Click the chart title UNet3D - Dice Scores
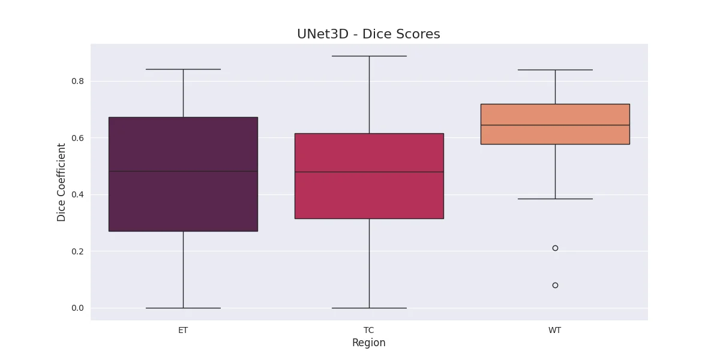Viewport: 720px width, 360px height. click(368, 34)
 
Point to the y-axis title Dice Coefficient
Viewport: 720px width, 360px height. click(61, 182)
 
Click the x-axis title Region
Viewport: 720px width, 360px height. click(368, 343)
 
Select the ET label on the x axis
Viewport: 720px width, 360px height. click(183, 330)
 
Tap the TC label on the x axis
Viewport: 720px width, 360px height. click(368, 330)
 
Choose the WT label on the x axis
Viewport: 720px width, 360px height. click(555, 330)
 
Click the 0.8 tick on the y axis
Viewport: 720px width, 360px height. click(77, 82)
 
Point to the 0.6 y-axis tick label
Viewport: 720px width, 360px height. click(77, 138)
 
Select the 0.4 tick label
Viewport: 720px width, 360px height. click(77, 194)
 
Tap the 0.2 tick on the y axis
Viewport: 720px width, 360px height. click(77, 251)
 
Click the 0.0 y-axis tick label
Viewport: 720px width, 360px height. click(77, 308)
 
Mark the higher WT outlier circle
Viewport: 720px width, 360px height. click(555, 248)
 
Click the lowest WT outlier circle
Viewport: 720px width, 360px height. click(555, 286)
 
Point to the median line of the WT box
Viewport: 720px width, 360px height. click(555, 125)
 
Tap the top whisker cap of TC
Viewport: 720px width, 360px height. click(370, 56)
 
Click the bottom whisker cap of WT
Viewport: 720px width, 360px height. click(555, 199)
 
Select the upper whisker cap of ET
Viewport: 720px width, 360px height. click(183, 70)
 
